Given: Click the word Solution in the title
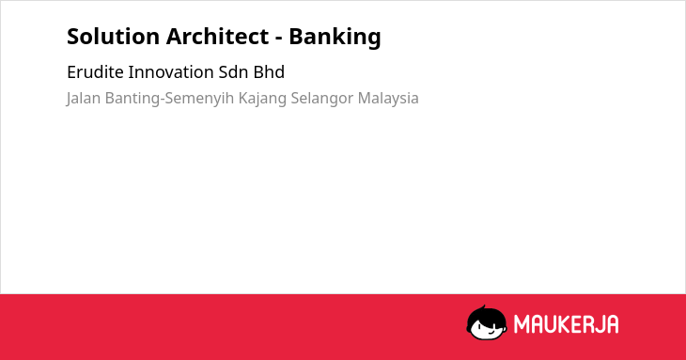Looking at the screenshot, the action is click(113, 37).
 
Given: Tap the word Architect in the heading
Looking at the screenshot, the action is click(217, 37).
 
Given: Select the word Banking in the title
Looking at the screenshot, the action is click(335, 38).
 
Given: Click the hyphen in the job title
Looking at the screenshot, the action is click(279, 39).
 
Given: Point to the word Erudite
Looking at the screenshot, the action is click(95, 72).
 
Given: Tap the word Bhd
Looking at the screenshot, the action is click(269, 72).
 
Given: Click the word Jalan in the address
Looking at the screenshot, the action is click(84, 99).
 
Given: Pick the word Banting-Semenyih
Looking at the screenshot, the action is click(170, 99).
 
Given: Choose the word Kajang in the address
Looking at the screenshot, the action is click(262, 99).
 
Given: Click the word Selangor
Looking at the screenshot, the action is click(322, 99).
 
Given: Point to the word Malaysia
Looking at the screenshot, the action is click(388, 99).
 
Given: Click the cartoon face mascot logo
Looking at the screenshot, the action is click(487, 322).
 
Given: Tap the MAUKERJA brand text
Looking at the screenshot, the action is click(566, 324).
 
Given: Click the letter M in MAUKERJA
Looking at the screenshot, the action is click(522, 324).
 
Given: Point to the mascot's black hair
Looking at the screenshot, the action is click(486, 314).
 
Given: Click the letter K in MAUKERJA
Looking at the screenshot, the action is click(560, 324).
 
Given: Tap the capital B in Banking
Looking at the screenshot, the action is click(295, 37).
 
